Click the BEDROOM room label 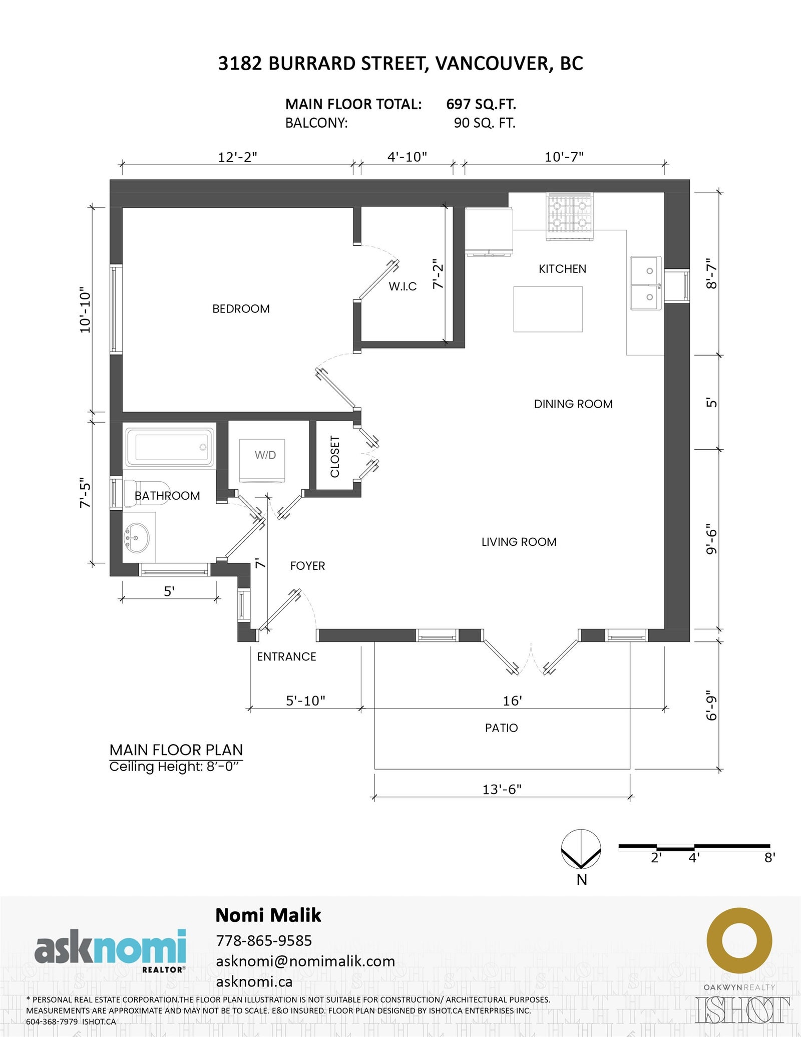click(241, 309)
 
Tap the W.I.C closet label click(403, 286)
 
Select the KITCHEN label click(562, 269)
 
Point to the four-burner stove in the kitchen click(569, 216)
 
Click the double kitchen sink click(646, 283)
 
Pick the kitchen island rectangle click(548, 309)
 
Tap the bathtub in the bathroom click(169, 447)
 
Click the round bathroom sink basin click(136, 538)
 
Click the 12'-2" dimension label click(237, 157)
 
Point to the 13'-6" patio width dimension click(502, 789)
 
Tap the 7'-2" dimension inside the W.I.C click(438, 273)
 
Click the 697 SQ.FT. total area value click(481, 104)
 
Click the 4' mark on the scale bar click(694, 858)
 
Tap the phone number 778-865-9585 click(264, 940)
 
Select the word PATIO click(501, 728)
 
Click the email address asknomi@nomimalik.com click(305, 961)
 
